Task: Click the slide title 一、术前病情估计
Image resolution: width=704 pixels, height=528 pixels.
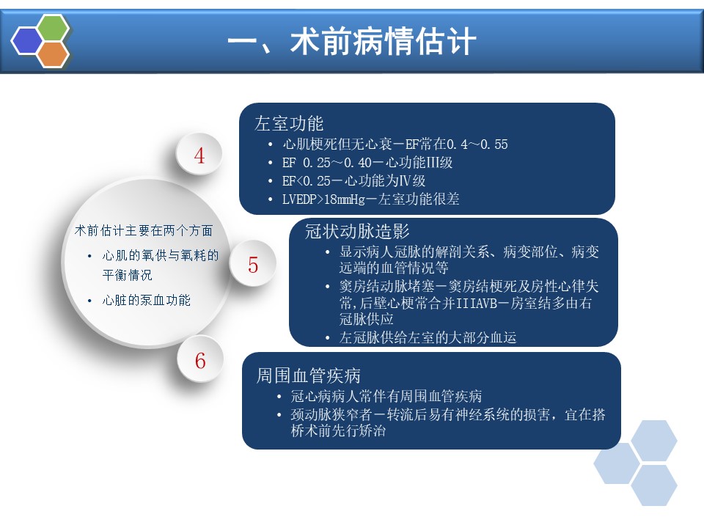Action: pyautogui.click(x=351, y=41)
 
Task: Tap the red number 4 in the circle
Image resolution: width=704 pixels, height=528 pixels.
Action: pyautogui.click(x=199, y=155)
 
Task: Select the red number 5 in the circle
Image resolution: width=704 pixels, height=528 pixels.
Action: pyautogui.click(x=253, y=265)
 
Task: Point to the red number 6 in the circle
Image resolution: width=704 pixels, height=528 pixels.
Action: pyautogui.click(x=200, y=361)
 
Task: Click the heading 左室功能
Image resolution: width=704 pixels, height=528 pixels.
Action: pyautogui.click(x=289, y=123)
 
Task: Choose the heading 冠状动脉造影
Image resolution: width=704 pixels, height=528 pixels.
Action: pyautogui.click(x=357, y=231)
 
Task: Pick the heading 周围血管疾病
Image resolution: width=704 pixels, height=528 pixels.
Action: pyautogui.click(x=308, y=375)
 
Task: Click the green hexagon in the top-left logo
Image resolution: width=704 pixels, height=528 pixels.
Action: pyautogui.click(x=54, y=28)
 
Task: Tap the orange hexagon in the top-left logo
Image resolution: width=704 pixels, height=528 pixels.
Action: pyautogui.click(x=53, y=55)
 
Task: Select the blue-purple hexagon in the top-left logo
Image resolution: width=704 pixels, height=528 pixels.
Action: pyautogui.click(x=27, y=41)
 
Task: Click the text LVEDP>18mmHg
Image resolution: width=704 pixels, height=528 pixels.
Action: pyautogui.click(x=323, y=199)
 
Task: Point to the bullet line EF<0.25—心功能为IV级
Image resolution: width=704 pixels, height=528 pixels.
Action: pyautogui.click(x=353, y=181)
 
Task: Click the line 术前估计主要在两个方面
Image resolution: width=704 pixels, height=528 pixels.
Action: pyautogui.click(x=144, y=230)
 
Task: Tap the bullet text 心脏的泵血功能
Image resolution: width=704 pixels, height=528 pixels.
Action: pyautogui.click(x=147, y=300)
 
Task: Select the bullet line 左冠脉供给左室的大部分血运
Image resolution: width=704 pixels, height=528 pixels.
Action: pyautogui.click(x=428, y=337)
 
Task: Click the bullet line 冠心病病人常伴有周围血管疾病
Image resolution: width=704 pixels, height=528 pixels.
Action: pyautogui.click(x=386, y=396)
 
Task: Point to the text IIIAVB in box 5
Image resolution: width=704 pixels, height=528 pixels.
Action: pyautogui.click(x=477, y=304)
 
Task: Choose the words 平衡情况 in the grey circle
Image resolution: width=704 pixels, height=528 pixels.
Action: pyautogui.click(x=127, y=275)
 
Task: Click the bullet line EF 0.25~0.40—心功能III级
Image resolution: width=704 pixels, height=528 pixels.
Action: pyautogui.click(x=367, y=163)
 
